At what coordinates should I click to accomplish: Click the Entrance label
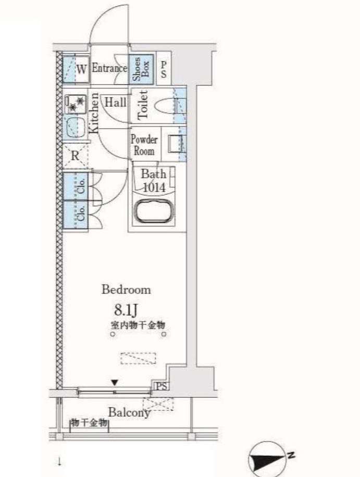click(109, 68)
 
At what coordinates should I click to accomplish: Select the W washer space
click(77, 69)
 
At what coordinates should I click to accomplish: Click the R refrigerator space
click(75, 155)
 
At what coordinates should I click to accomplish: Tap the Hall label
click(115, 102)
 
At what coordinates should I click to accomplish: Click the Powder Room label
click(144, 145)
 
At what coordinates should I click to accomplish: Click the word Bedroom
click(126, 290)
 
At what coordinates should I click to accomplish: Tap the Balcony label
click(129, 412)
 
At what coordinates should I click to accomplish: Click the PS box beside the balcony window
click(160, 386)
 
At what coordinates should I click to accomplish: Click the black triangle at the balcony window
click(114, 384)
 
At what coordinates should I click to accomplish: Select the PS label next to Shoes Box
click(163, 70)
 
